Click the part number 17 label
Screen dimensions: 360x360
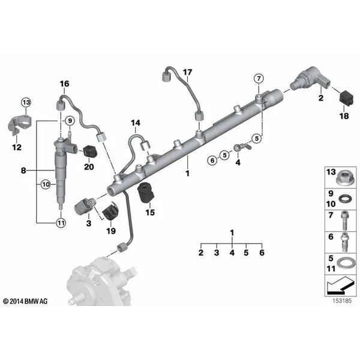coord(187,73)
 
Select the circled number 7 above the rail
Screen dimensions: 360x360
coord(259,79)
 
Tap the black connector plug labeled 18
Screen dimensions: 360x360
coord(346,98)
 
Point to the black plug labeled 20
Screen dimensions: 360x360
coord(90,152)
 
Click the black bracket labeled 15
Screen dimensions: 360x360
coord(146,193)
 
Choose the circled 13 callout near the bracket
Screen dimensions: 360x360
coord(26,103)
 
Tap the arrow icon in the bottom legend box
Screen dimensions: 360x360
coord(340,285)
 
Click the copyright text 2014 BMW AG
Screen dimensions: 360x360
coord(25,301)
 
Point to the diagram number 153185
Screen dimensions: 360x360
coord(342,301)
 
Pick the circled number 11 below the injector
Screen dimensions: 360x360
coord(61,223)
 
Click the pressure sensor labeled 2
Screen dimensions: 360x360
coord(311,79)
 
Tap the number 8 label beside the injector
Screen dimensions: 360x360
coord(23,170)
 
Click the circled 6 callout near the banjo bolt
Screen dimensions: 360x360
coord(212,160)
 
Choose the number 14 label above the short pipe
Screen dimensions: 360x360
coord(136,123)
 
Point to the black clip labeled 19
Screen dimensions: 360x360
coord(110,211)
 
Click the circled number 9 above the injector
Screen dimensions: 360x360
coord(70,121)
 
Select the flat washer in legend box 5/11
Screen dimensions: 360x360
coord(345,266)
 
